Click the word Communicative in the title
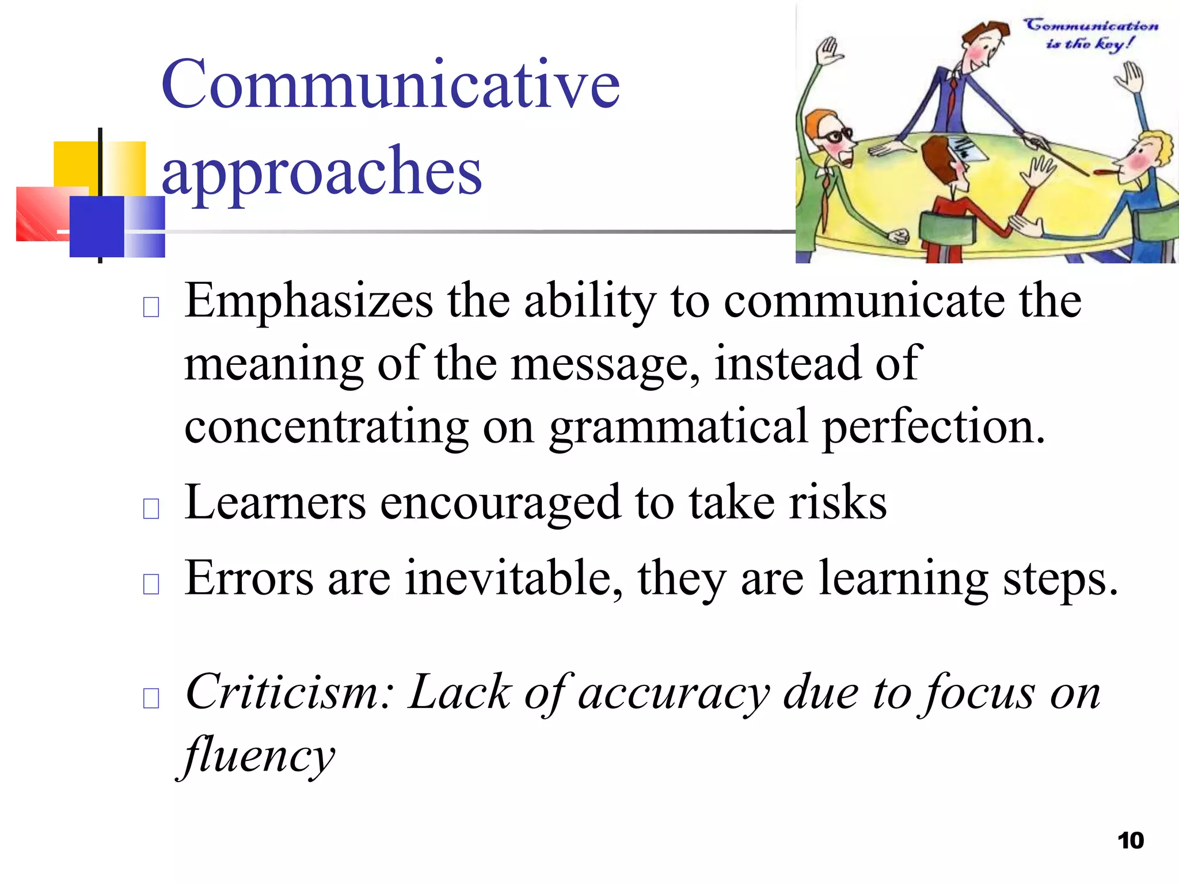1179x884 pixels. [390, 85]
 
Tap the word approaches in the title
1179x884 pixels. [321, 172]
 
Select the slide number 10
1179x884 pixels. [1131, 841]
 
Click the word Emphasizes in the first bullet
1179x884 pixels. [309, 302]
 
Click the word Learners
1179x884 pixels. [275, 502]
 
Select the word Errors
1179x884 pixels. [249, 578]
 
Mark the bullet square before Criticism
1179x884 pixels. [151, 698]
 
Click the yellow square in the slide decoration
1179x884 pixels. [75, 164]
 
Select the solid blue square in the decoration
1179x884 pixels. [96, 226]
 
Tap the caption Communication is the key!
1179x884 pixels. [1090, 34]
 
